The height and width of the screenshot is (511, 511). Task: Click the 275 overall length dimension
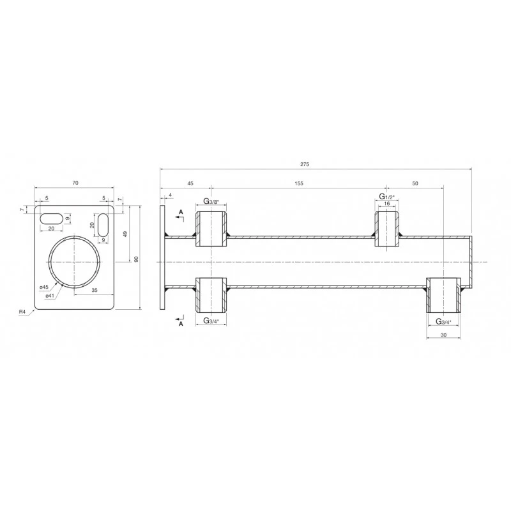(305, 164)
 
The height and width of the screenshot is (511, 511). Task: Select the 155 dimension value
(299, 183)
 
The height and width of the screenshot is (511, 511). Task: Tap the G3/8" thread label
(211, 201)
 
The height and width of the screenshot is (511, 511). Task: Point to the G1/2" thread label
(387, 197)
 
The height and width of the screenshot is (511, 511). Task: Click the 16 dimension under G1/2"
(387, 204)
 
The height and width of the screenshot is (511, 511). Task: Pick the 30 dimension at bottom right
(443, 335)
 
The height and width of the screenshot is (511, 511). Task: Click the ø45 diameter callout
(44, 287)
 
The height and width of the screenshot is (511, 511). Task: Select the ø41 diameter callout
(50, 295)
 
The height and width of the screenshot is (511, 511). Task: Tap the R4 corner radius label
(22, 312)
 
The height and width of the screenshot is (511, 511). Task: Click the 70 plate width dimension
(75, 183)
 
